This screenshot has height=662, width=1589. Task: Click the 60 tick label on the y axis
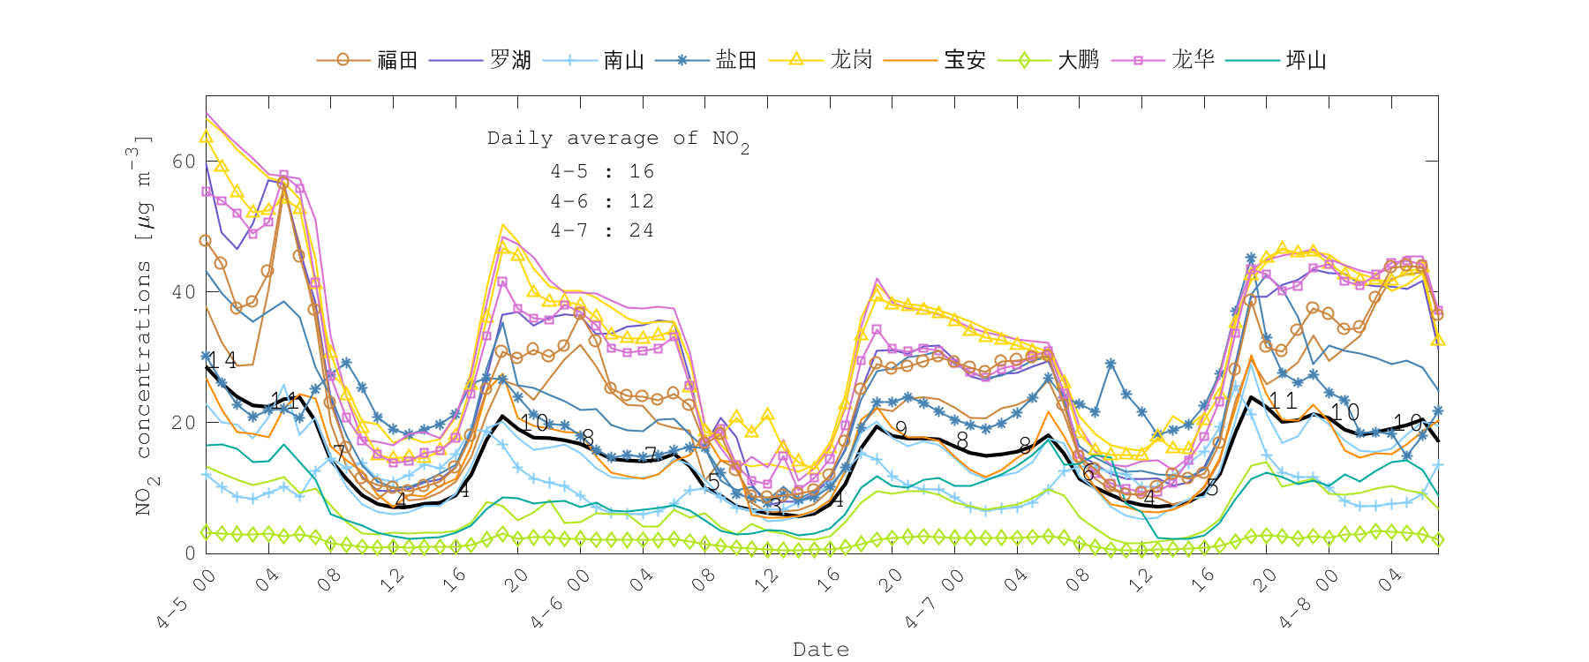click(x=184, y=161)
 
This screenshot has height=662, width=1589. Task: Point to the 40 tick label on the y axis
click(x=184, y=291)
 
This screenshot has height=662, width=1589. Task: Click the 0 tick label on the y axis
click(x=190, y=553)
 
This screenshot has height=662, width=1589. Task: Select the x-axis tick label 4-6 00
click(x=560, y=600)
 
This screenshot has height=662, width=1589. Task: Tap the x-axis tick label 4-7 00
click(x=934, y=600)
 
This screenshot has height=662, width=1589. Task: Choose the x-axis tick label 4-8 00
click(x=1308, y=600)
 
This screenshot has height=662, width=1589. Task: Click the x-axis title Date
click(x=821, y=650)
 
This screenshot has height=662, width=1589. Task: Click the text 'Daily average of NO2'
click(x=617, y=139)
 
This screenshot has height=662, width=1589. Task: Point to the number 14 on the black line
click(x=222, y=359)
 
